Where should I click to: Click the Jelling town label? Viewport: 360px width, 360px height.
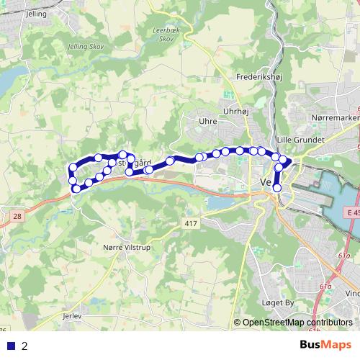(x=35, y=14)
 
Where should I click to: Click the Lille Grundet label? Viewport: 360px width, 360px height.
(x=300, y=139)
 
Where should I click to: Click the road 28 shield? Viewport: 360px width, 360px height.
(x=17, y=216)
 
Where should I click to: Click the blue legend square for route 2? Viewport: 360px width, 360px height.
(x=11, y=346)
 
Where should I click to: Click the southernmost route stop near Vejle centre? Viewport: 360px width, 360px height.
(x=277, y=188)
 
